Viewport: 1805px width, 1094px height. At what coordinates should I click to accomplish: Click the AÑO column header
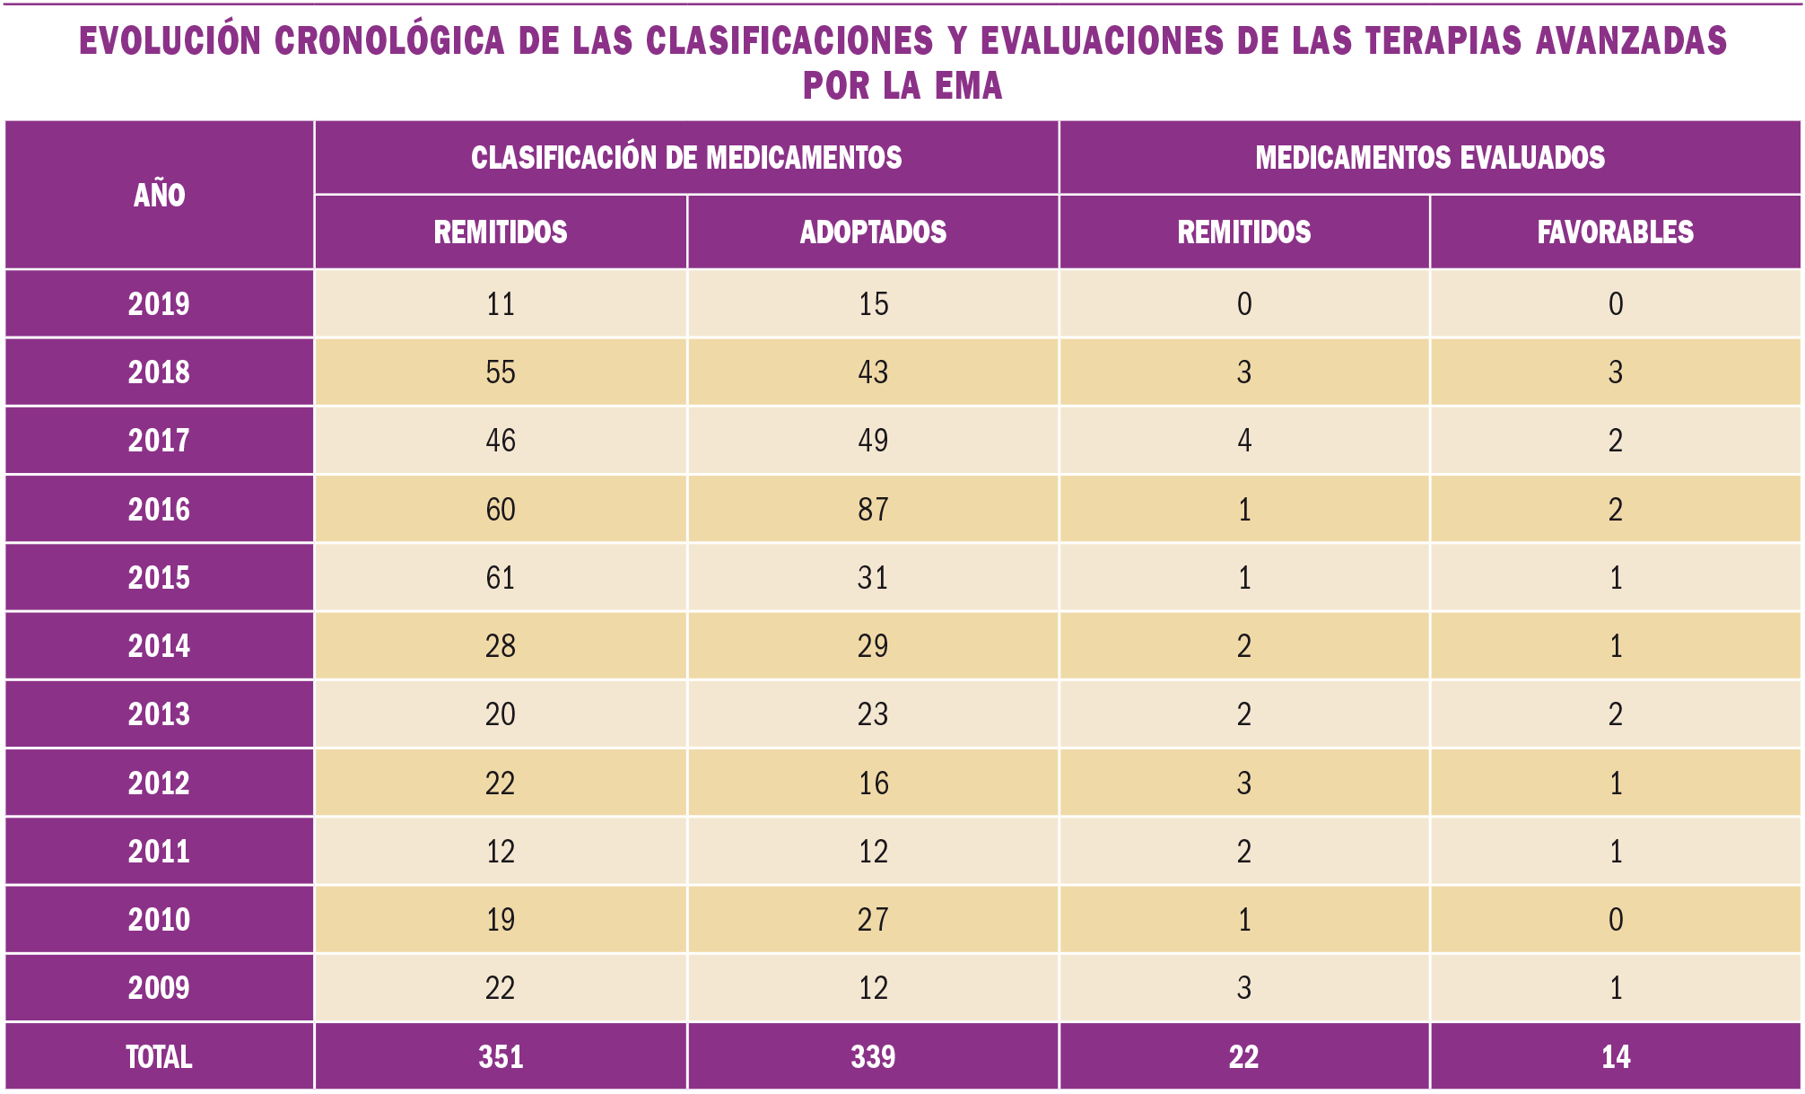pos(159,195)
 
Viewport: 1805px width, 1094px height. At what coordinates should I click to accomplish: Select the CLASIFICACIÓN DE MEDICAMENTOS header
pos(686,157)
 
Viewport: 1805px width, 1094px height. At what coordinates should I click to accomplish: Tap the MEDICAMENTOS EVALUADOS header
pos(1429,157)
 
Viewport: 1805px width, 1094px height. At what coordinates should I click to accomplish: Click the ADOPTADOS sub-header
pos(872,232)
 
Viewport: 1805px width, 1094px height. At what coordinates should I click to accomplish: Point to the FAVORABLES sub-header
pos(1615,232)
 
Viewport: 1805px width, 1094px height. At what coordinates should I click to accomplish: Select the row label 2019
pos(159,304)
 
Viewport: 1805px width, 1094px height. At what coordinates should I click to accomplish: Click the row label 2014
pos(159,646)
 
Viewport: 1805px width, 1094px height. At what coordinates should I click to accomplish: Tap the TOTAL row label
pos(159,1057)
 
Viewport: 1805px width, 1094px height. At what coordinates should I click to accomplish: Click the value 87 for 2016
pos(872,510)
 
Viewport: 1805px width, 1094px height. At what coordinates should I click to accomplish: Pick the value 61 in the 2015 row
pos(501,578)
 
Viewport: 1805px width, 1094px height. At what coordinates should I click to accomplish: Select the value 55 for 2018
pos(501,372)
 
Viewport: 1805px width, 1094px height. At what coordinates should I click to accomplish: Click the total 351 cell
pos(501,1057)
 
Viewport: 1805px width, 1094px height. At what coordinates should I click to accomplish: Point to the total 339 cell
pos(872,1057)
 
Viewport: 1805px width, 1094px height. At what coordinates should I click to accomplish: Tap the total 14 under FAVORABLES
pos(1615,1057)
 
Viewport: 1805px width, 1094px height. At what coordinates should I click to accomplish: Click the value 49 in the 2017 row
pos(872,441)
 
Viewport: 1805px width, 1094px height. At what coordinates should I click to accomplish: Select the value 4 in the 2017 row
pos(1243,441)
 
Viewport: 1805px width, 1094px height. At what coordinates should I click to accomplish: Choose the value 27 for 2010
pos(872,920)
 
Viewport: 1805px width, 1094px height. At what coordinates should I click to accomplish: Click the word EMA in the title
pos(968,86)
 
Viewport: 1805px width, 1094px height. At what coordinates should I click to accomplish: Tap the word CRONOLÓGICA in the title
pos(388,41)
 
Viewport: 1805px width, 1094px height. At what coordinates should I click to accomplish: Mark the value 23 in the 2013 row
pos(872,714)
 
